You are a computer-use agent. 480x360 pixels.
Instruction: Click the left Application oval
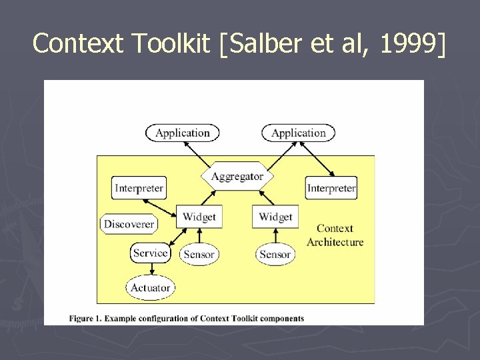[x=182, y=133]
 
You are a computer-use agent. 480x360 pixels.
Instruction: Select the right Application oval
[x=298, y=133]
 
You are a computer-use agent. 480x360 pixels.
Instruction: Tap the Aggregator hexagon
[x=237, y=177]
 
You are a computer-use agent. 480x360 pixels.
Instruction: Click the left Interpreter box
[x=138, y=188]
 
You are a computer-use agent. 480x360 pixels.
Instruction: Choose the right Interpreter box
[x=331, y=188]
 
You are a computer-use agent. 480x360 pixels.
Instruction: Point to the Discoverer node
[x=129, y=225]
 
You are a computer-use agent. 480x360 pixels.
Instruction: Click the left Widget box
[x=199, y=217]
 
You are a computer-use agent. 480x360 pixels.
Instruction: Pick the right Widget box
[x=275, y=217]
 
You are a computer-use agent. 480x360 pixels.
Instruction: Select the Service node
[x=150, y=253]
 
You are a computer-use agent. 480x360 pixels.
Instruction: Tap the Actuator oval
[x=150, y=288]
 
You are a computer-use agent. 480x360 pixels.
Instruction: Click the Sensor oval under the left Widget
[x=199, y=254]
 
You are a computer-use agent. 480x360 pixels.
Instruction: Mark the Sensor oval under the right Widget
[x=275, y=254]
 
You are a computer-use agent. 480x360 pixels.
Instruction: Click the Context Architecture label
[x=335, y=235]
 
